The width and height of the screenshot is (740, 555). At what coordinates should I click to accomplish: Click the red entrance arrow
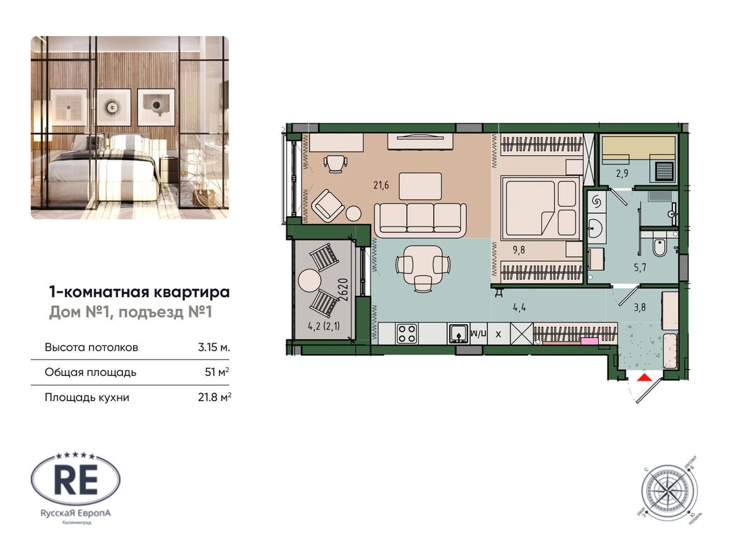[x=644, y=378]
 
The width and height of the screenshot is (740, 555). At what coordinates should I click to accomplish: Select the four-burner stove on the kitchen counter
[x=405, y=332]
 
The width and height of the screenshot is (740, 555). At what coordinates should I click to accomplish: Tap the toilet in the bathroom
[x=659, y=247]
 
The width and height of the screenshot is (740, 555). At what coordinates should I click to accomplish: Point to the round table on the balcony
[x=310, y=279]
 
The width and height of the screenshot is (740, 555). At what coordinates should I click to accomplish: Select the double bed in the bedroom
[x=539, y=208]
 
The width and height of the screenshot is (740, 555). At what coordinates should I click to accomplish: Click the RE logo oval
[x=75, y=481]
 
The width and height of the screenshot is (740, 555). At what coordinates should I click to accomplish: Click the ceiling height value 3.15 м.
[x=213, y=348]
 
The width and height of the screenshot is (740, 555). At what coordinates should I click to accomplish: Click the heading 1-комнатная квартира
[x=139, y=292]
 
